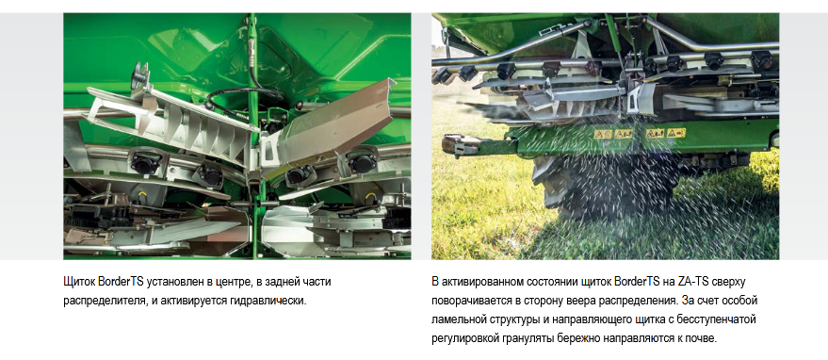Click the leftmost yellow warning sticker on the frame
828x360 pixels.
point(603,134)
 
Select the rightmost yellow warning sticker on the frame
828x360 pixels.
point(676,133)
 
